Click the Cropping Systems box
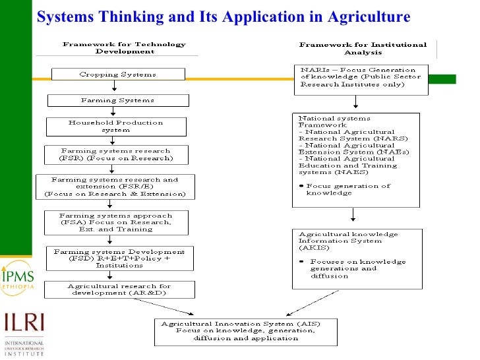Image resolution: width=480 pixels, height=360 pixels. point(117,75)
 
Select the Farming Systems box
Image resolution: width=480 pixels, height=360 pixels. point(117,100)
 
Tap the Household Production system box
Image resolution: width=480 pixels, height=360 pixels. point(115,126)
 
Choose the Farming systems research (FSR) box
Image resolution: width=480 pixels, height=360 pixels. point(115,154)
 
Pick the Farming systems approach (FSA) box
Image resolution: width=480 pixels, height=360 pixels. point(115,222)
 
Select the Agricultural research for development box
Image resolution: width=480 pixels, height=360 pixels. point(119,289)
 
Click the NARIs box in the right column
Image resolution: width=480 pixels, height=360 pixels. point(357,77)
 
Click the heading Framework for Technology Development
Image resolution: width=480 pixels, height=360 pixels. point(124,47)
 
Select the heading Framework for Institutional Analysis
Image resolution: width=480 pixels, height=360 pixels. point(363,48)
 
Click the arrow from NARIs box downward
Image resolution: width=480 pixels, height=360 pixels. point(356,102)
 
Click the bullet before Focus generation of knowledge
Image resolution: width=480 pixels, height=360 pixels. point(301,186)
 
